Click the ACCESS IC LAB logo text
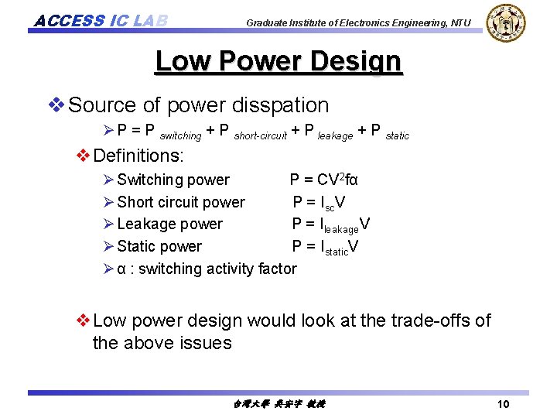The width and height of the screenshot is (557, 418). point(101,19)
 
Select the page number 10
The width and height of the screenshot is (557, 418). point(503,404)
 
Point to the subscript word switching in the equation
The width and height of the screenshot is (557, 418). point(180,135)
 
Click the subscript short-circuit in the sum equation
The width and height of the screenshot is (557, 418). point(260,135)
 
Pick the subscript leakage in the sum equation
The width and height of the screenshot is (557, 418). point(336,135)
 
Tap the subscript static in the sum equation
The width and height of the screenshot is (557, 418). point(397,135)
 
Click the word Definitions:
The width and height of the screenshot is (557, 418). point(138,156)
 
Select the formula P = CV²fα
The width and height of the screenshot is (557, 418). point(323,180)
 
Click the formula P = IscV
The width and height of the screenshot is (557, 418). point(319,203)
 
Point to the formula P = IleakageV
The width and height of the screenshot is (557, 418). point(330,225)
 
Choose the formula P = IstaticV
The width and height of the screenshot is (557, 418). point(325,247)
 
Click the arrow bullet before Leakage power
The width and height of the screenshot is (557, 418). point(108,224)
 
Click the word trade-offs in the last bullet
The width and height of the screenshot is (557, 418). point(426,320)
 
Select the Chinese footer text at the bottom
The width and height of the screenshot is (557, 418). point(278,404)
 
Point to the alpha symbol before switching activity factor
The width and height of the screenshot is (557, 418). point(121,269)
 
